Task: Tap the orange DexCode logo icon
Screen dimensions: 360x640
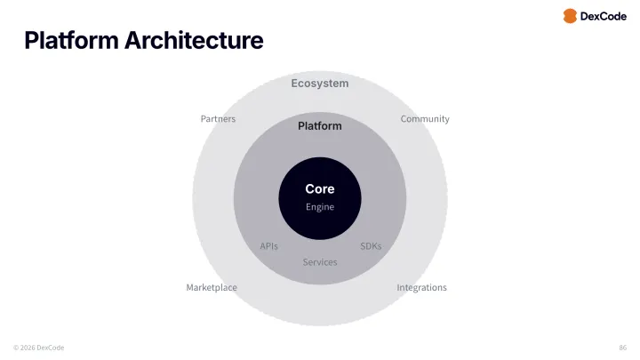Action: pyautogui.click(x=570, y=16)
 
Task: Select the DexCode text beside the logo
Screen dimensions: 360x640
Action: pyautogui.click(x=603, y=16)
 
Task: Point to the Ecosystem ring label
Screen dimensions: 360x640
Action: pyautogui.click(x=320, y=84)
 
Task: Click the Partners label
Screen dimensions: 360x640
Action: pyautogui.click(x=218, y=119)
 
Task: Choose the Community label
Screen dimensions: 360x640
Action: pyautogui.click(x=425, y=119)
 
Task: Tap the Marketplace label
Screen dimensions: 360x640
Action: pyautogui.click(x=212, y=288)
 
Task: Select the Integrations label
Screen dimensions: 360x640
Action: pyautogui.click(x=421, y=288)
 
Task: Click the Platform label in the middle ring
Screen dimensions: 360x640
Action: pyautogui.click(x=320, y=126)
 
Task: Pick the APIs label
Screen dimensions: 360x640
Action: pyautogui.click(x=269, y=246)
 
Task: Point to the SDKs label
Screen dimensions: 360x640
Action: pyautogui.click(x=371, y=246)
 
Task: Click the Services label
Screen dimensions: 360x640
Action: pyautogui.click(x=320, y=262)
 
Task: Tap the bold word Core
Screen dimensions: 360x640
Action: pyautogui.click(x=320, y=189)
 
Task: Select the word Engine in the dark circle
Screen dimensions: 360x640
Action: pyautogui.click(x=320, y=207)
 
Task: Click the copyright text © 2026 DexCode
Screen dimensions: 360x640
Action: pyautogui.click(x=39, y=348)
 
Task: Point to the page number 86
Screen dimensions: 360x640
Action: pyautogui.click(x=622, y=348)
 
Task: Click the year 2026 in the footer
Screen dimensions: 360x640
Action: pyautogui.click(x=28, y=348)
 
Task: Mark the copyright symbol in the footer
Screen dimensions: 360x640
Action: pyautogui.click(x=16, y=348)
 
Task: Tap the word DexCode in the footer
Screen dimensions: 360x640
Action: pyautogui.click(x=51, y=348)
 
